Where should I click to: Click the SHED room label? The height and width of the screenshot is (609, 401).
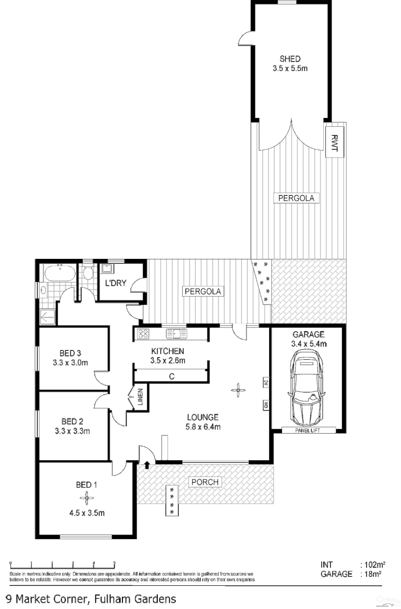click(x=290, y=59)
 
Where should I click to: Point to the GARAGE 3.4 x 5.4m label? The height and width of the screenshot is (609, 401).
click(x=308, y=338)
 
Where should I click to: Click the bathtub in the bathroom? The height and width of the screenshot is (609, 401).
click(x=59, y=273)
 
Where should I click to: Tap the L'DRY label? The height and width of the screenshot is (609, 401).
click(x=116, y=283)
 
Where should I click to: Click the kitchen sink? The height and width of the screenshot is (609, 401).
click(x=176, y=333)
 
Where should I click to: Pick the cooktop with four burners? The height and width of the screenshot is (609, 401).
click(x=143, y=333)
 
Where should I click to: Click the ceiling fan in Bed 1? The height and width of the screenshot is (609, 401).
click(x=87, y=497)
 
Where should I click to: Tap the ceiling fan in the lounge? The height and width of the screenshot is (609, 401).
click(x=239, y=389)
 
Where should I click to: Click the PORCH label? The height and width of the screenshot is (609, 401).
click(x=205, y=482)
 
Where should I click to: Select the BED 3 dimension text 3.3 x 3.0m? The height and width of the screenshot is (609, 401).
click(x=70, y=363)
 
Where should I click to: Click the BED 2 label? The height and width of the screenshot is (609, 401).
click(x=72, y=421)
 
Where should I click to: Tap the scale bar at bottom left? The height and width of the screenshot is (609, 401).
click(x=62, y=564)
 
